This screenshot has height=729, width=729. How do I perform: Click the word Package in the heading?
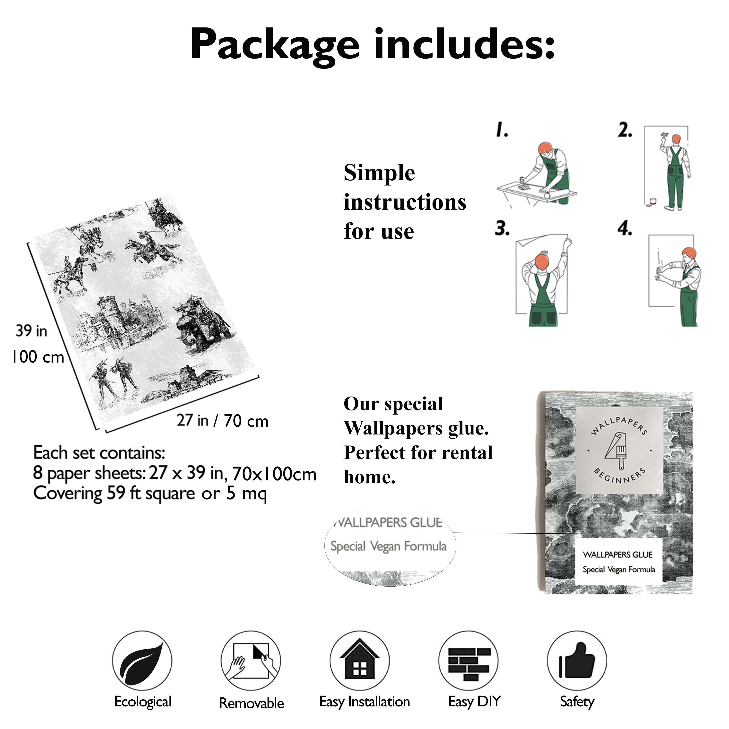[274, 45]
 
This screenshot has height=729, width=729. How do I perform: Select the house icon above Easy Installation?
[360, 660]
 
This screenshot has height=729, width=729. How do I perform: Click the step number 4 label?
[625, 229]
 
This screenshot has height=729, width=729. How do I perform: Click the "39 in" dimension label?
[31, 331]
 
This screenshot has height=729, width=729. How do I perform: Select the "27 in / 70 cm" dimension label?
[223, 421]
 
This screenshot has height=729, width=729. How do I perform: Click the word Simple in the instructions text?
[379, 174]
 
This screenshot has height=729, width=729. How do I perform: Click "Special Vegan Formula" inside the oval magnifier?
[388, 546]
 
